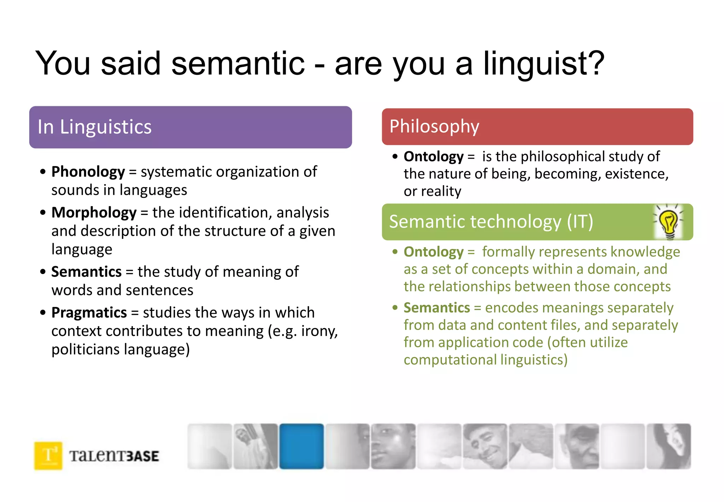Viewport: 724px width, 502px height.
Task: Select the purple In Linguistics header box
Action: tap(190, 127)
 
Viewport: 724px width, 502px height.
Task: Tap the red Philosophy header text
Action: tap(434, 126)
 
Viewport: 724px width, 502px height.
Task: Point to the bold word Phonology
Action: tap(88, 172)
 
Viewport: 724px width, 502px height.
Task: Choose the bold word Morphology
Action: tap(94, 213)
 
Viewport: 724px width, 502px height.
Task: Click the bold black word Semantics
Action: tap(86, 272)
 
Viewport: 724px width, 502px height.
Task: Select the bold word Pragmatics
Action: tap(89, 313)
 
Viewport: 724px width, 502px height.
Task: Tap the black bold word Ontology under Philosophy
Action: tap(433, 156)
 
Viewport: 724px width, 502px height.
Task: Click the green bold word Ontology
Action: tap(433, 252)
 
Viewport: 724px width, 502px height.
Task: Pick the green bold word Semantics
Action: tap(437, 308)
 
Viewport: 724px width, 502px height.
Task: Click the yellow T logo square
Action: tap(48, 456)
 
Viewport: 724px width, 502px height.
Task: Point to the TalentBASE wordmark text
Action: tap(114, 456)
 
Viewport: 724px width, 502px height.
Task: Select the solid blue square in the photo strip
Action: tap(301, 446)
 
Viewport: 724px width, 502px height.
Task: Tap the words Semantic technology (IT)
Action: tap(491, 222)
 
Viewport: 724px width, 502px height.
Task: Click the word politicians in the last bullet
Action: tap(86, 350)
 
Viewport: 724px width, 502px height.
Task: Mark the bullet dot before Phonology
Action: tap(43, 172)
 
